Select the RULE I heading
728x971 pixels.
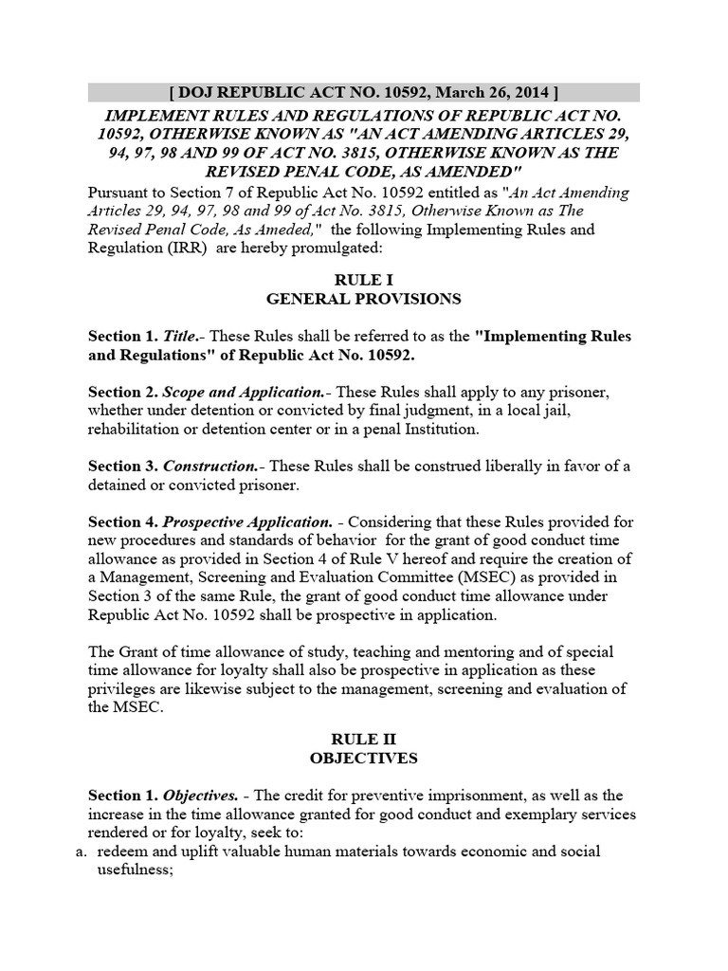pos(364,280)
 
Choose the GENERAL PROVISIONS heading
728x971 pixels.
pos(364,299)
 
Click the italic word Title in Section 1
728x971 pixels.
pos(180,338)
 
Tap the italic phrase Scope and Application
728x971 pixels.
pos(243,392)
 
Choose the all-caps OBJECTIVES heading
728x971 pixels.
pos(364,759)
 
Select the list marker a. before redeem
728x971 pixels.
pos(79,852)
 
